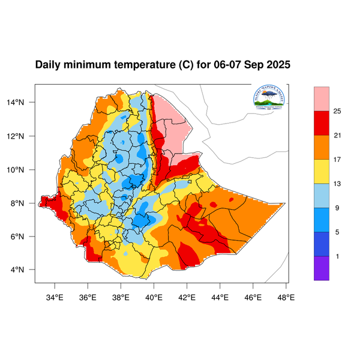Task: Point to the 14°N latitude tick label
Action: [x=23, y=102]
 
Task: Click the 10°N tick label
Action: [x=23, y=169]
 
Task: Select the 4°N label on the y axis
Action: [x=25, y=269]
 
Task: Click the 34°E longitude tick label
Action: [x=55, y=295]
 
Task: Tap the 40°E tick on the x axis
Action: [x=154, y=295]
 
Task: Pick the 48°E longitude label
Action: [x=286, y=295]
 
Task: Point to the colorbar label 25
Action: [x=337, y=111]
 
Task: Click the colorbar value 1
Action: [x=337, y=256]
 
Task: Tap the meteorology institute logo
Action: [x=269, y=99]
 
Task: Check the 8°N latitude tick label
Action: [x=25, y=203]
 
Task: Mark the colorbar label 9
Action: [x=337, y=208]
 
